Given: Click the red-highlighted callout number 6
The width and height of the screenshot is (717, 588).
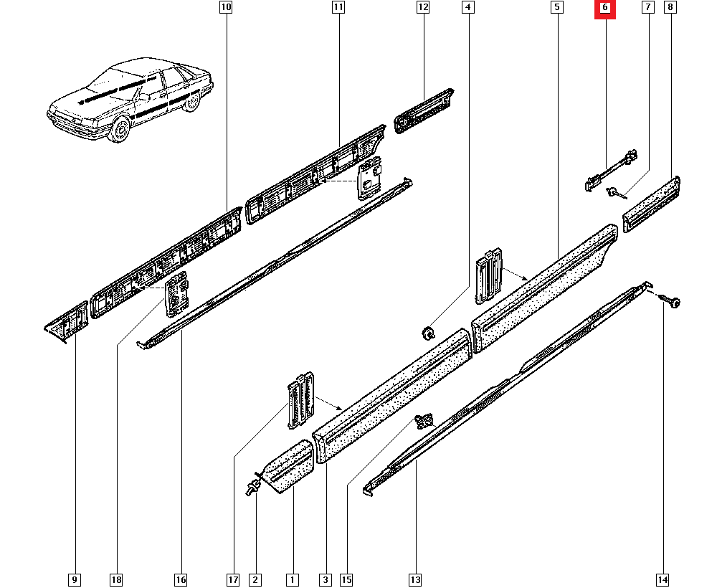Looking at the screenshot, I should click(x=604, y=8).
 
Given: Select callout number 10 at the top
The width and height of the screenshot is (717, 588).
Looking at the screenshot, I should click(x=226, y=8).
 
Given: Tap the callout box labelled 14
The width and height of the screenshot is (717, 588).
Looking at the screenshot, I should click(x=662, y=579).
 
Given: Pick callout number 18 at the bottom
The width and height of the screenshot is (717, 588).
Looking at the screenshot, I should click(x=116, y=579).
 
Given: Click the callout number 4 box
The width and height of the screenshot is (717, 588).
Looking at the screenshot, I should click(x=468, y=8).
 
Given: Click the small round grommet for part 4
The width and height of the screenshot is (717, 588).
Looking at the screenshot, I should click(x=428, y=332).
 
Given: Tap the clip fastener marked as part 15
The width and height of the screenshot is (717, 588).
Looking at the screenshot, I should click(x=425, y=421).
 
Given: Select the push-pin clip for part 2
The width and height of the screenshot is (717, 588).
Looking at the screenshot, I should click(x=253, y=488).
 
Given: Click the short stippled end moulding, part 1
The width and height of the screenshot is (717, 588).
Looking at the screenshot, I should click(x=290, y=467).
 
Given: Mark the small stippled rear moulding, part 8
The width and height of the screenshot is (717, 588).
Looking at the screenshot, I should click(x=652, y=204).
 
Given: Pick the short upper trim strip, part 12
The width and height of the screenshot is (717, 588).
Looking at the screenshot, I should click(x=424, y=111).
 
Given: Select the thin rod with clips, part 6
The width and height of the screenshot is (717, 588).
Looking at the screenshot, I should click(x=609, y=171).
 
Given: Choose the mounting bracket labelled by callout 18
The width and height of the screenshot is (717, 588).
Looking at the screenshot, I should click(x=176, y=294).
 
